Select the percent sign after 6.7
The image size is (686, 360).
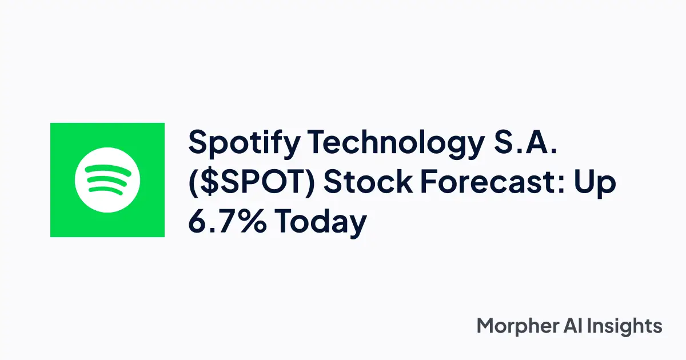pyautogui.click(x=250, y=221)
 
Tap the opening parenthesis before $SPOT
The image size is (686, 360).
pyautogui.click(x=193, y=183)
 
